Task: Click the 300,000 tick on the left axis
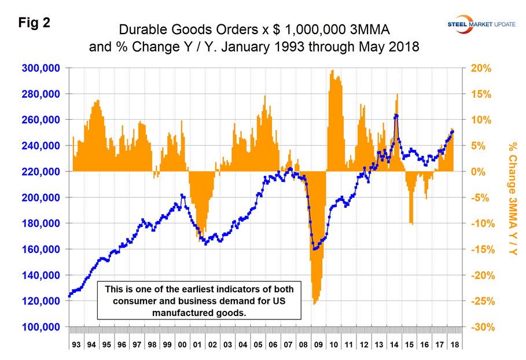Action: [42, 68]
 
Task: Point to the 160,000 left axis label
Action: [42, 249]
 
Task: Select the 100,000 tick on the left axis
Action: [42, 327]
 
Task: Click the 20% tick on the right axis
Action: [480, 68]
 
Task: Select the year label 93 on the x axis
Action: [76, 344]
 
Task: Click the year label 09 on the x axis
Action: [318, 344]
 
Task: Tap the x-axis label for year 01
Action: [197, 344]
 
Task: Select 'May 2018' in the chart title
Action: [389, 46]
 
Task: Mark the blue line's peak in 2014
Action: [396, 115]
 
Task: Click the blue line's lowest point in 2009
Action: [315, 249]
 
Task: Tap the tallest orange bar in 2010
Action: [332, 71]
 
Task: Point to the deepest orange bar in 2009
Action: [314, 304]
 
